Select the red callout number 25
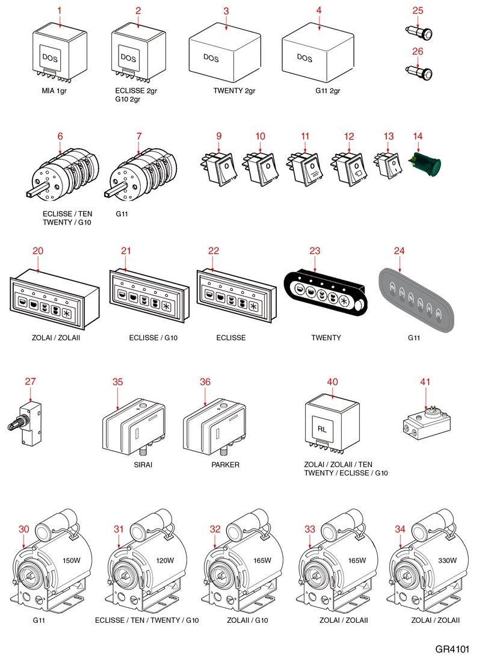tap(418, 10)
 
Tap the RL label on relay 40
tap(322, 428)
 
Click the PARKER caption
tap(225, 465)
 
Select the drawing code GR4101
tap(452, 649)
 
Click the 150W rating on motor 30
tap(71, 560)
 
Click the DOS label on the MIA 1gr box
tap(50, 57)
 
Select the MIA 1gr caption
tap(55, 91)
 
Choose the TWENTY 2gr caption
tap(235, 91)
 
